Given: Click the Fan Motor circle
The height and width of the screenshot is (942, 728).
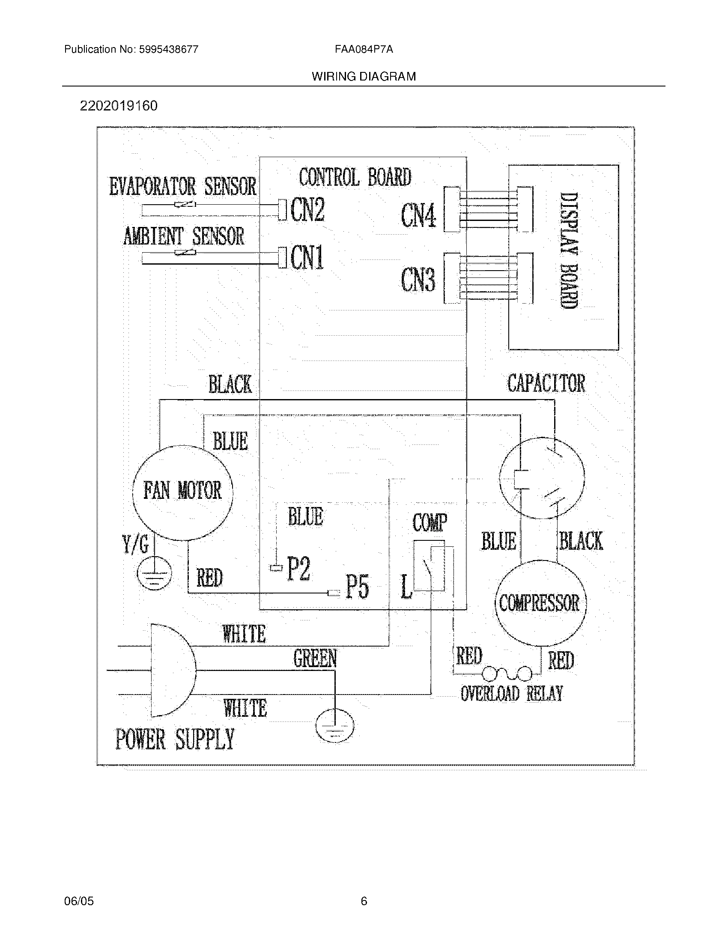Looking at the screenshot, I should click(x=182, y=492).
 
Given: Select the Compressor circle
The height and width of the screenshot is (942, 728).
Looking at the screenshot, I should click(x=540, y=603).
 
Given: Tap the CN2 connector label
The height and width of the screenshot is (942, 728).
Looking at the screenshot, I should click(x=307, y=210).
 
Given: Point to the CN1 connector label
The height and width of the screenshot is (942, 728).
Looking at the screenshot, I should click(x=307, y=258).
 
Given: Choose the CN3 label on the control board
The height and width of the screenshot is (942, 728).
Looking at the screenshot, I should click(x=418, y=280).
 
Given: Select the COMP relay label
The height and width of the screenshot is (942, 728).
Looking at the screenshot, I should click(x=430, y=523).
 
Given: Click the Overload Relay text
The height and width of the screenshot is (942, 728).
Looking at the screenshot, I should click(x=511, y=694).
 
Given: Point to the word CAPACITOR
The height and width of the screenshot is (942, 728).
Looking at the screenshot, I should click(x=546, y=384).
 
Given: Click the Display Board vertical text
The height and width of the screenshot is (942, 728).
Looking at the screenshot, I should click(x=568, y=250).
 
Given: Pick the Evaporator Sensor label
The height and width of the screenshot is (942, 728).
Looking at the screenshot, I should click(x=182, y=186).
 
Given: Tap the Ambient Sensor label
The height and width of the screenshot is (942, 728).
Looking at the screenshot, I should click(x=184, y=236).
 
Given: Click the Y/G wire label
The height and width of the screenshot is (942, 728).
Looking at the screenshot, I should click(x=135, y=545).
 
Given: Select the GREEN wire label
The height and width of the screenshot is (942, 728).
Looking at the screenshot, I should click(x=315, y=659).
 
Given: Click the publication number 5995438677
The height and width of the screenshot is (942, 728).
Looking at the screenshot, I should click(x=168, y=49).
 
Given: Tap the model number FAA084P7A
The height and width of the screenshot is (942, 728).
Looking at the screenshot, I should click(x=364, y=49).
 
